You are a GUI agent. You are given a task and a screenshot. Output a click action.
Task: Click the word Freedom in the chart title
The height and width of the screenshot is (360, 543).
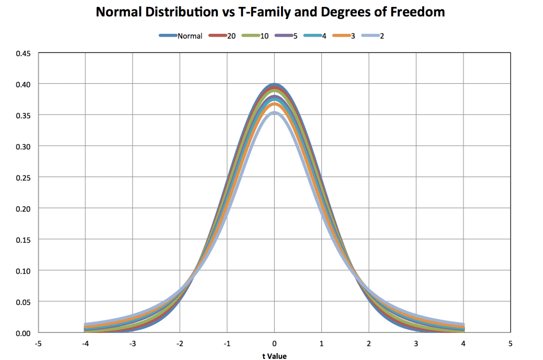(418, 12)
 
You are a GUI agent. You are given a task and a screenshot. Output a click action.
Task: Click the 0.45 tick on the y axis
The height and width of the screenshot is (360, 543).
(24, 53)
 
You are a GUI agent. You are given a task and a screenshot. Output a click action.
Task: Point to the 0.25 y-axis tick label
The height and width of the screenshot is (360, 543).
(24, 177)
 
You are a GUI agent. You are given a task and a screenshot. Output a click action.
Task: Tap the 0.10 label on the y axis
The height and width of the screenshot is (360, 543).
(24, 270)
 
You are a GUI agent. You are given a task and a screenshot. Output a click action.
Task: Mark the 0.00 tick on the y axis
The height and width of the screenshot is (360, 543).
(24, 333)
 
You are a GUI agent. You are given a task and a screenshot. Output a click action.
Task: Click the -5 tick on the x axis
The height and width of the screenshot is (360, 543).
(38, 344)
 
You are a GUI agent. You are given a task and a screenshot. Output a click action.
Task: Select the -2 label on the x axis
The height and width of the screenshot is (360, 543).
(179, 344)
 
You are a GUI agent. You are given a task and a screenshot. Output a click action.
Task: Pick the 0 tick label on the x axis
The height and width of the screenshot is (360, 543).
(274, 344)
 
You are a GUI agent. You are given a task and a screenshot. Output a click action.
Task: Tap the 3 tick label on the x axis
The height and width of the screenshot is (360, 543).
(416, 344)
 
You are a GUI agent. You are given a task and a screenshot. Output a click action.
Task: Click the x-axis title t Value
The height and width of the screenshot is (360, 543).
(274, 356)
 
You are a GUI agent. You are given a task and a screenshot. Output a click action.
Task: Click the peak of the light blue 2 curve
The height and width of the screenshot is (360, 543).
(274, 112)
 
